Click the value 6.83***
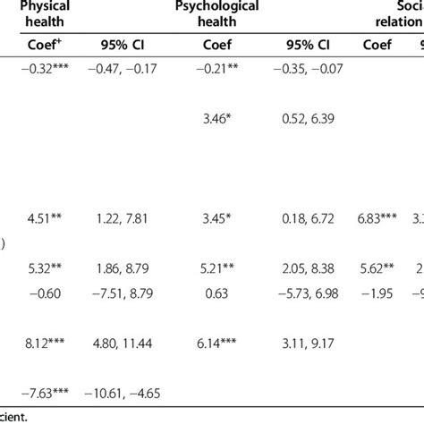pos(383,214)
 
